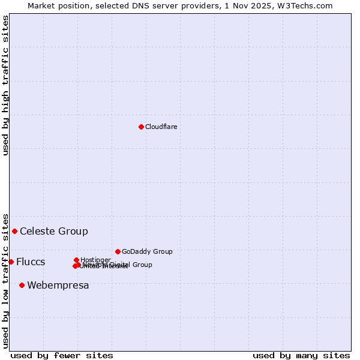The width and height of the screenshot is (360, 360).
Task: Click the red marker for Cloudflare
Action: coord(141,127)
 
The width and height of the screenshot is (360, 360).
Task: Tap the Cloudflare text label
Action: coord(161,127)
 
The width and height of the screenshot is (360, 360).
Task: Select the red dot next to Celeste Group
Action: coord(14,231)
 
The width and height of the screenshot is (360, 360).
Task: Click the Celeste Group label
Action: coord(54,231)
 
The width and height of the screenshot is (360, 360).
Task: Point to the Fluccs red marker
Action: coord(11,262)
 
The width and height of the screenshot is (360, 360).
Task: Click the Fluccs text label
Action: coord(31,262)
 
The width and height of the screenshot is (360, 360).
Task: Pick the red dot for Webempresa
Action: coord(22,285)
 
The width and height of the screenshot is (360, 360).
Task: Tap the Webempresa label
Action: coord(58,285)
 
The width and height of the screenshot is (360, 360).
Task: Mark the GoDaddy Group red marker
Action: coord(118,251)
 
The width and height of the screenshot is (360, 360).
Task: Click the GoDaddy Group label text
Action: coord(147,251)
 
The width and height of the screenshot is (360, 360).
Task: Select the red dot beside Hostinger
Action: coord(76,260)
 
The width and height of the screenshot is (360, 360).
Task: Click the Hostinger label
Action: coord(95,260)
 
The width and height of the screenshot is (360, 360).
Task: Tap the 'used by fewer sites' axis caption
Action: coord(62,355)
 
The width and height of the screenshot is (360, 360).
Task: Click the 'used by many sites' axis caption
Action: coord(301,355)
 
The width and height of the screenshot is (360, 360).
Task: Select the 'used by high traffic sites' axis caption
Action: coord(5,85)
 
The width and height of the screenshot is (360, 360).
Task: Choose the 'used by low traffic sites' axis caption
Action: coord(5,280)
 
